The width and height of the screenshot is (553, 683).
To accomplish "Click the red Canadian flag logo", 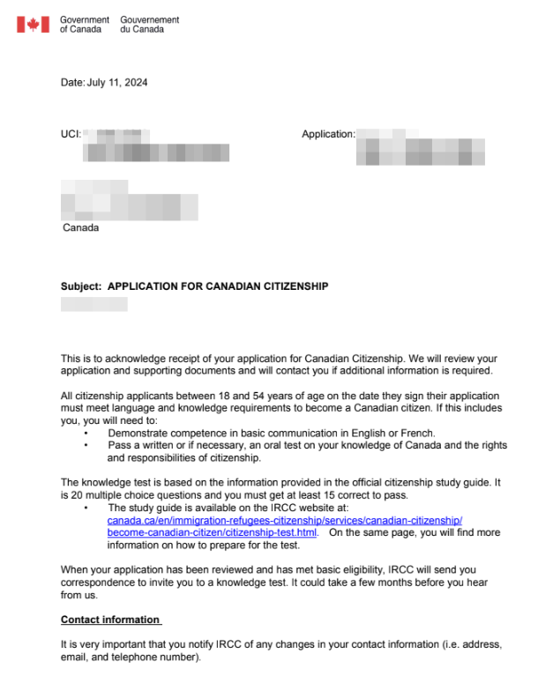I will [x=33, y=24].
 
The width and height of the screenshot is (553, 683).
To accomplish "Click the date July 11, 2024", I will [x=117, y=83].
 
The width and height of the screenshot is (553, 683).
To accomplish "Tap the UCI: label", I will [x=71, y=134].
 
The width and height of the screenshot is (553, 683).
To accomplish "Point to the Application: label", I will [x=328, y=134].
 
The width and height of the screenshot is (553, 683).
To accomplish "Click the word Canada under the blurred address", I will [x=80, y=227].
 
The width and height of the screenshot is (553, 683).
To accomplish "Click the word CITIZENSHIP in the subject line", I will [x=290, y=286].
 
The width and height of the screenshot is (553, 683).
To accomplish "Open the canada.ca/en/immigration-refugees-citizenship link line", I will [x=284, y=521].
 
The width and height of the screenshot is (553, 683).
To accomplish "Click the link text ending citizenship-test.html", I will [x=212, y=533].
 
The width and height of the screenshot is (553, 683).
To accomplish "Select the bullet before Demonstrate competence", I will [x=86, y=434].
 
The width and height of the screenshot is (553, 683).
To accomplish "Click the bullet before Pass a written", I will [x=86, y=446].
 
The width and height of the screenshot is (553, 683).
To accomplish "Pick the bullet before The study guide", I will [x=86, y=509].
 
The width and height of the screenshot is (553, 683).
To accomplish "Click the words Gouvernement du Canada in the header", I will [x=149, y=24].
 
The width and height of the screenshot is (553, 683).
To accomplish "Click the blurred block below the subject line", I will [x=93, y=304].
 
